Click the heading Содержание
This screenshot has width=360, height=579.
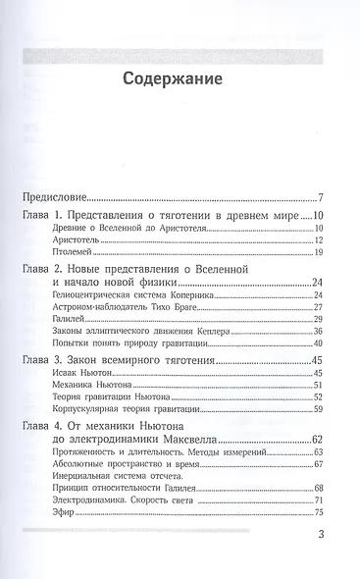pos(180,79)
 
